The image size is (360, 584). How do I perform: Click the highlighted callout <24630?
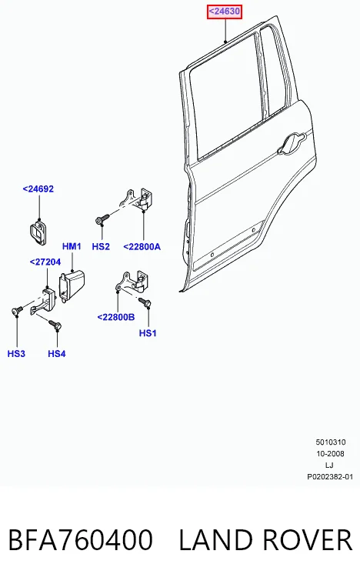[225, 12]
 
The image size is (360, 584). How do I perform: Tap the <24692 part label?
[38, 189]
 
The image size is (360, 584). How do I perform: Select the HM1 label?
[72, 246]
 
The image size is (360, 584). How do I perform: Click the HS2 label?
[101, 246]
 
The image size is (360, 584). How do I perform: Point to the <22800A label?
[142, 246]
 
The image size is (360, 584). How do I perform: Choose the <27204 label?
[45, 262]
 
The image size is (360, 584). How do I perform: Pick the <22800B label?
[116, 317]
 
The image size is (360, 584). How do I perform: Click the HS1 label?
[148, 333]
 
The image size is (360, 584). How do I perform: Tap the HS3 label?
[16, 353]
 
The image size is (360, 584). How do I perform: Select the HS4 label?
[57, 353]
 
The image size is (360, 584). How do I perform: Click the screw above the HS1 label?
[145, 302]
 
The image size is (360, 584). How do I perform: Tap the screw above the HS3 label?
[18, 310]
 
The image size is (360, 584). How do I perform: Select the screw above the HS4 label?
[55, 325]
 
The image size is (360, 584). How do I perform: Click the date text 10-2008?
[330, 454]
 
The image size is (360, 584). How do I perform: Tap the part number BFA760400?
[81, 539]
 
